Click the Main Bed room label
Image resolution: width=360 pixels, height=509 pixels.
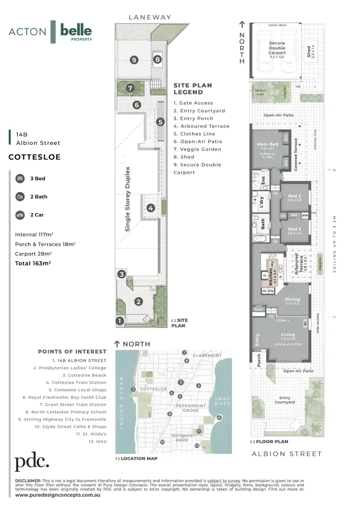click(267, 144)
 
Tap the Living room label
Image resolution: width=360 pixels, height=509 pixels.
click(288, 335)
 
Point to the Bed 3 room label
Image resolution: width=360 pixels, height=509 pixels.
click(294, 196)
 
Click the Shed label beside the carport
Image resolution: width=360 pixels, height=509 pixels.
click(308, 50)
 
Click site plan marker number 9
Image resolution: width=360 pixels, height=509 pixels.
click(134, 59)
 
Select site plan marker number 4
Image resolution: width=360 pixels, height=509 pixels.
click(151, 208)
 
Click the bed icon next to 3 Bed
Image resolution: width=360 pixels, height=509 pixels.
click(20, 178)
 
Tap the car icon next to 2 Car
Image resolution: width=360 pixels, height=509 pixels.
click(20, 215)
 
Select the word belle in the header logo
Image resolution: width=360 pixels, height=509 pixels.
click(76, 31)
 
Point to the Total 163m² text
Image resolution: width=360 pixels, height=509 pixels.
click(30, 263)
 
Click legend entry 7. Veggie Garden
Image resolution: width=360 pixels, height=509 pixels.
click(197, 149)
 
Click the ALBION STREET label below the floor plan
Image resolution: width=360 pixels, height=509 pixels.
click(287, 453)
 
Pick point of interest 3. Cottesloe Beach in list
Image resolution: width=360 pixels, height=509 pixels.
click(82, 375)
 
